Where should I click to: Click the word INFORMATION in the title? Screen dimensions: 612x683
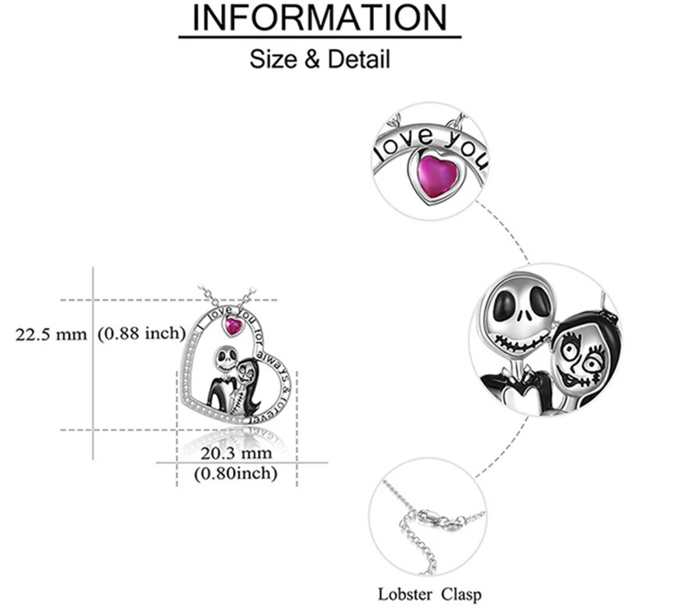[320, 18]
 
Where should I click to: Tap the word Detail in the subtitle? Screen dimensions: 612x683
[358, 59]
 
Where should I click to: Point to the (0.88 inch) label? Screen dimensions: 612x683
[141, 335]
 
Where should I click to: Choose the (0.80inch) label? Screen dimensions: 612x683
[236, 472]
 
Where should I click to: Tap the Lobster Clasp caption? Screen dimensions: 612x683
[429, 595]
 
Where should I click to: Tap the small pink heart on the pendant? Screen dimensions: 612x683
[233, 326]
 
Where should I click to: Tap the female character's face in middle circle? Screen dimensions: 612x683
[578, 357]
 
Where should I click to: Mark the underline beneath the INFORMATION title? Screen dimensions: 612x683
[320, 36]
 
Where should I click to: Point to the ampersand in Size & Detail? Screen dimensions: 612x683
[311, 59]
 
